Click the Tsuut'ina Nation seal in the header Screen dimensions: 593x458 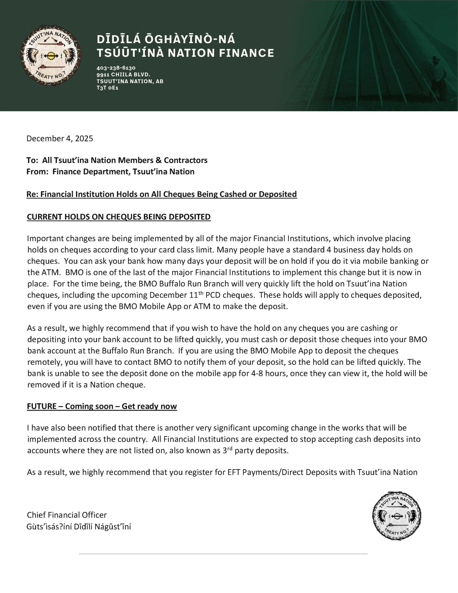coord(50,56)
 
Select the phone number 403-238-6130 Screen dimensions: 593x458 coord(116,68)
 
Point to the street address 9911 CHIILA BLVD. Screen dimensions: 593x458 coord(123,74)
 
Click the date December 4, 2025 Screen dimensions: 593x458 coord(60,139)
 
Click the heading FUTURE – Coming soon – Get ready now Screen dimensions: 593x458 coord(102,406)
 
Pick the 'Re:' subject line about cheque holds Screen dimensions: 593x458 coord(162,194)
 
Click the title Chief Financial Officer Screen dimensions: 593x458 coord(67,515)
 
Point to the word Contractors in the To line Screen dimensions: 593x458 coord(186,160)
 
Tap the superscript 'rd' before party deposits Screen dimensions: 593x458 coord(230,448)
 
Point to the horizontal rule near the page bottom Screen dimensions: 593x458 coord(223,554)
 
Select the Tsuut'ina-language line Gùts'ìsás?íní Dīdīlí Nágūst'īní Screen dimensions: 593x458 coord(79,527)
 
